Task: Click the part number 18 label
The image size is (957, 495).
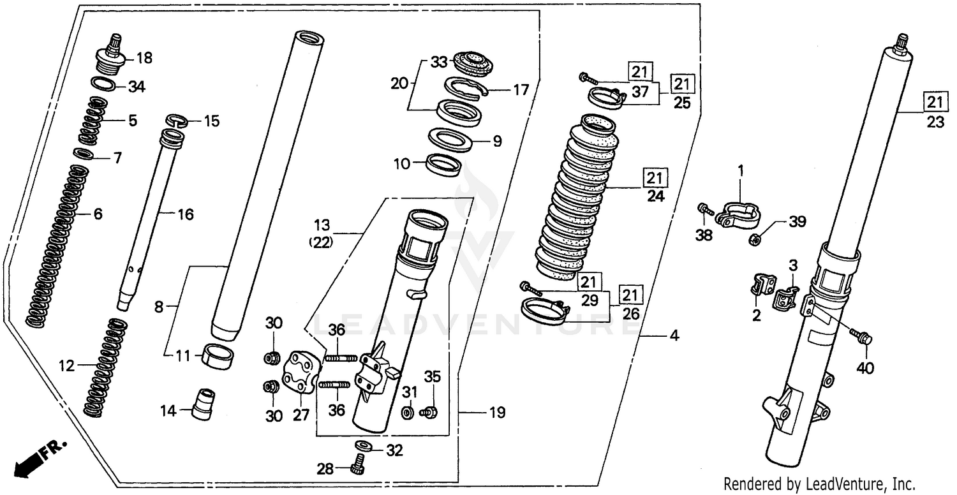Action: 144,59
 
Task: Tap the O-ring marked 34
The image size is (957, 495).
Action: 105,84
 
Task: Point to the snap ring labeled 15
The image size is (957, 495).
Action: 175,120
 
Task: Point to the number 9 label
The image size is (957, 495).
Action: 497,142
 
